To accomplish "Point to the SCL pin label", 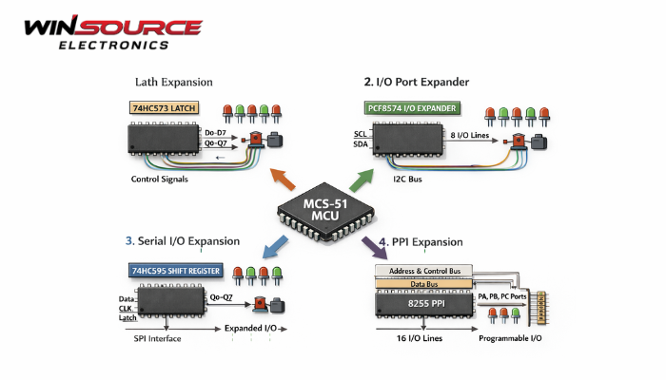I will [x=360, y=134].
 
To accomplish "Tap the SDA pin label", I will [x=360, y=144].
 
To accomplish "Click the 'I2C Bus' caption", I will [x=410, y=178].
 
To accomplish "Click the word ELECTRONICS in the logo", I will [x=113, y=44].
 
